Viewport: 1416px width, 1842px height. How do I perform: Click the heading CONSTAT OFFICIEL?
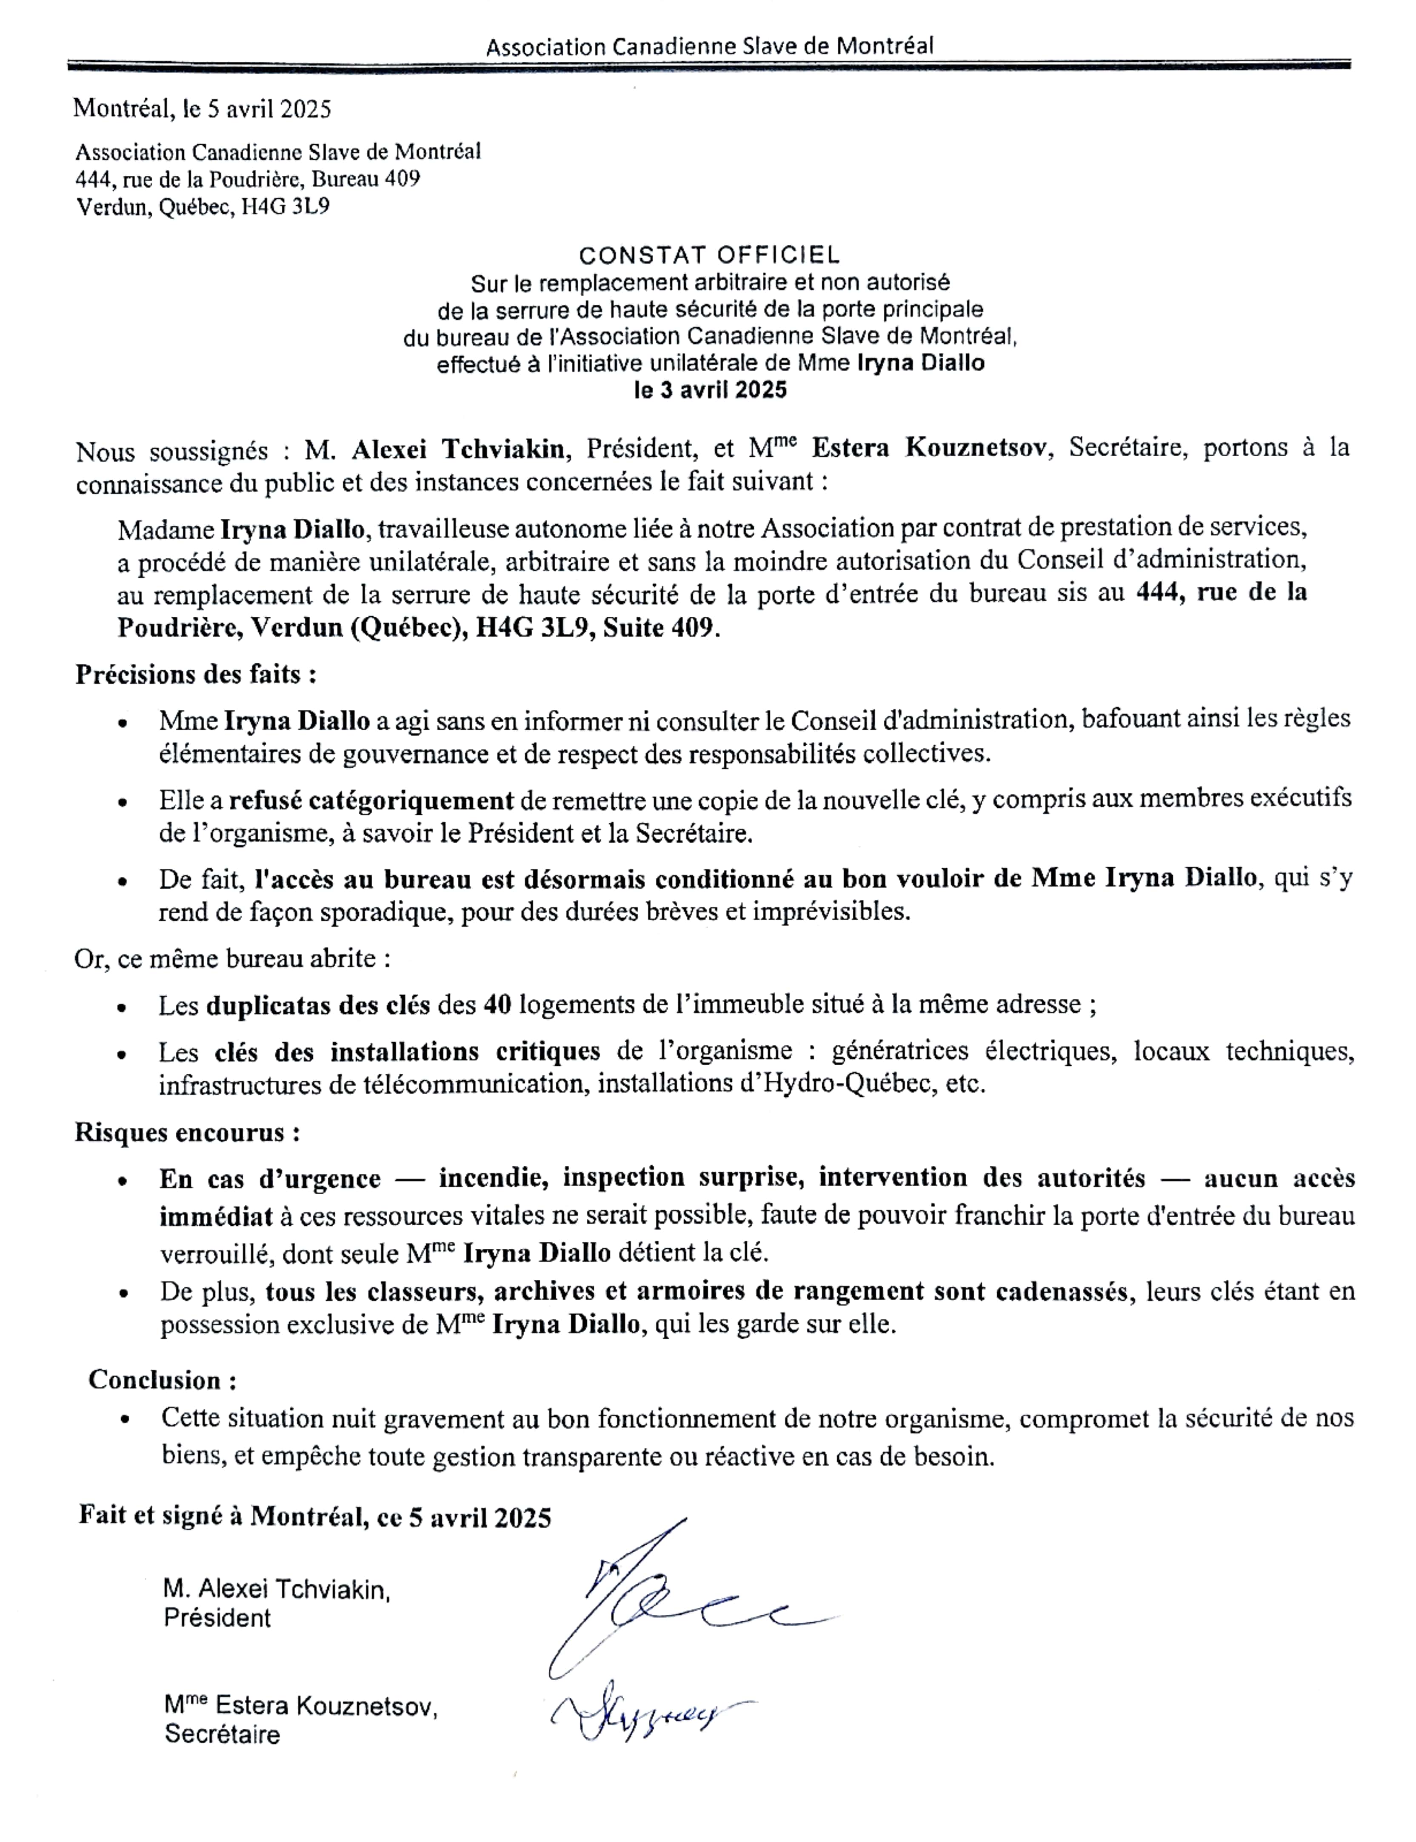pyautogui.click(x=709, y=255)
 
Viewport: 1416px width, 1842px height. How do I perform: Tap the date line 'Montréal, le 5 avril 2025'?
pyautogui.click(x=202, y=109)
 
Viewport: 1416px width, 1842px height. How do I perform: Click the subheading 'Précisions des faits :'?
pyautogui.click(x=196, y=675)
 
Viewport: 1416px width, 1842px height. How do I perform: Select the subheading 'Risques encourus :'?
pyautogui.click(x=187, y=1132)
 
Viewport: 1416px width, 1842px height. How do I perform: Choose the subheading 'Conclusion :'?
pyautogui.click(x=162, y=1380)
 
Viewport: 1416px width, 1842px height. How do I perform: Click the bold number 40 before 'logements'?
pyautogui.click(x=497, y=1004)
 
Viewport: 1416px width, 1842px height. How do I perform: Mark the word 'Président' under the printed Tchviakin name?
pyautogui.click(x=217, y=1618)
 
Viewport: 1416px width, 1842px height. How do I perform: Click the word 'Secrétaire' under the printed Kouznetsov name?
pyautogui.click(x=222, y=1735)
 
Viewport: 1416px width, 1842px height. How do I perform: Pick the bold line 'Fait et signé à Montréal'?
pyautogui.click(x=314, y=1516)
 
